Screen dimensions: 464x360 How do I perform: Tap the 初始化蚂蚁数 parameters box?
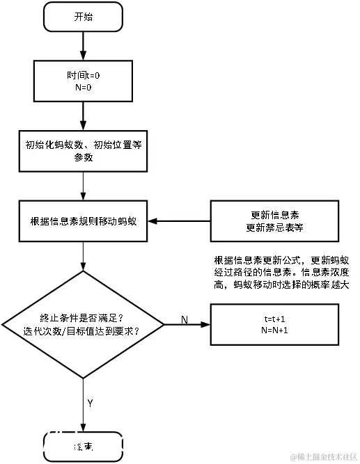click(x=83, y=152)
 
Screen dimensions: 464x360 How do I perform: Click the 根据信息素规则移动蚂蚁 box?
click(x=83, y=221)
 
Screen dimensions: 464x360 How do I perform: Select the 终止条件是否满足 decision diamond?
click(x=83, y=324)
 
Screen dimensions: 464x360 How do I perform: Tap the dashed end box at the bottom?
click(x=83, y=445)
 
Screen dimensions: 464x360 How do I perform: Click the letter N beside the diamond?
click(x=184, y=319)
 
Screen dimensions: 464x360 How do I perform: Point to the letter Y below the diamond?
click(x=90, y=403)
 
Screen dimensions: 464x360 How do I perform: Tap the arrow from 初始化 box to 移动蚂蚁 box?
click(x=83, y=186)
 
